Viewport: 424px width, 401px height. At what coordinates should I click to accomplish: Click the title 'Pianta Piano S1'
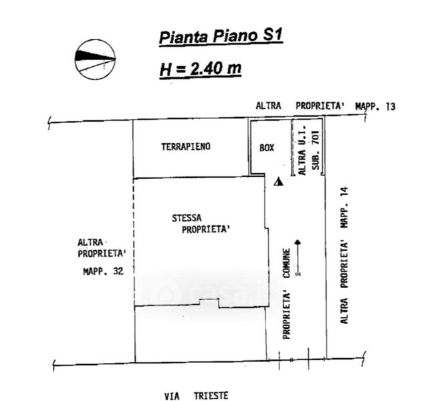pyautogui.click(x=221, y=37)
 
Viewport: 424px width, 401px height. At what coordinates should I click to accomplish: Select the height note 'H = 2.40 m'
pyautogui.click(x=201, y=70)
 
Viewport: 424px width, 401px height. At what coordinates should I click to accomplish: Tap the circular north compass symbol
pyautogui.click(x=95, y=59)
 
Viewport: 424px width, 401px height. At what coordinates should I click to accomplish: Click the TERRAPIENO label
pyautogui.click(x=186, y=147)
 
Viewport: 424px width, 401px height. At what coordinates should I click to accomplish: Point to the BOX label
pyautogui.click(x=267, y=148)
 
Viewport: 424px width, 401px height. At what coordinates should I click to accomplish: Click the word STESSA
pyautogui.click(x=187, y=218)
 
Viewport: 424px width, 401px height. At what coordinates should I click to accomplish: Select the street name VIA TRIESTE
pyautogui.click(x=197, y=396)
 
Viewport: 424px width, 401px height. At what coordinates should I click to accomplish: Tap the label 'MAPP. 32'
pyautogui.click(x=103, y=271)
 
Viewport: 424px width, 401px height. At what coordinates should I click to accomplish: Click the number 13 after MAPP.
pyautogui.click(x=391, y=107)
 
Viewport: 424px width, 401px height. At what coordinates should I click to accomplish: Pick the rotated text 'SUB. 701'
pyautogui.click(x=316, y=150)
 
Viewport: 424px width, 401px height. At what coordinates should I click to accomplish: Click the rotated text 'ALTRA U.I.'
pyautogui.click(x=302, y=150)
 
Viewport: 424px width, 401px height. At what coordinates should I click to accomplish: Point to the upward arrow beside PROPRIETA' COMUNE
pyautogui.click(x=298, y=257)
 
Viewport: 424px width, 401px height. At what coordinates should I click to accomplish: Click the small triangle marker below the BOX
pyautogui.click(x=278, y=182)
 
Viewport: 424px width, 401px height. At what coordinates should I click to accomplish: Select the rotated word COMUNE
pyautogui.click(x=287, y=263)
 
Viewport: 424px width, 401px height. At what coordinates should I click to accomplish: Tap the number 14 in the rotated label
pyautogui.click(x=345, y=192)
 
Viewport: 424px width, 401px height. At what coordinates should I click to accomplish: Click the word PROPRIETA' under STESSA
pyautogui.click(x=206, y=229)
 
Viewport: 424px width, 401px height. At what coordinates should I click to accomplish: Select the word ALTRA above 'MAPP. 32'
pyautogui.click(x=90, y=243)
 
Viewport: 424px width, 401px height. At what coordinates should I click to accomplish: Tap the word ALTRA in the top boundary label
pyautogui.click(x=269, y=106)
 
